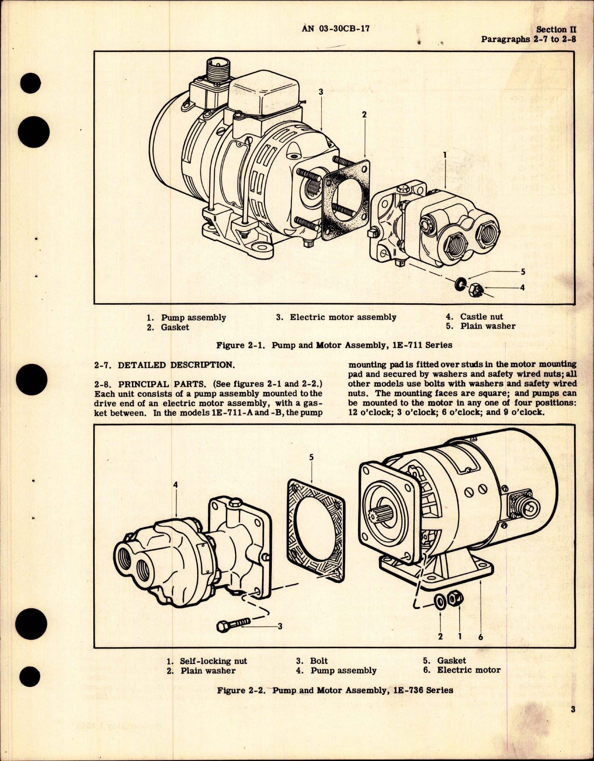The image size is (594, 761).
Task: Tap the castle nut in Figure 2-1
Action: point(477,290)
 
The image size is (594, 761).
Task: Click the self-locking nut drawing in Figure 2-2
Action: point(455,600)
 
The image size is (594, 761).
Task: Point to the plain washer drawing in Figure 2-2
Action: point(440,601)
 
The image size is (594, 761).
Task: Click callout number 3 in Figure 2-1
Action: point(321,92)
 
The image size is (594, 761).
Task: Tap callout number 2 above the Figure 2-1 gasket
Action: point(364,114)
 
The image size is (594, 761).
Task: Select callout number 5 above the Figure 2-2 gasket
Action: point(311,457)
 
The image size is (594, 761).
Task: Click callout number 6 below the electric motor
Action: point(480,636)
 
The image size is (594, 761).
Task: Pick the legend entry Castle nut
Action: point(481,316)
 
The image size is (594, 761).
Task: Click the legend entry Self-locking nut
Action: point(213,661)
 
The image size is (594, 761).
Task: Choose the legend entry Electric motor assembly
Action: point(343,317)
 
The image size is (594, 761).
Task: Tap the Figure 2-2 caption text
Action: point(335,690)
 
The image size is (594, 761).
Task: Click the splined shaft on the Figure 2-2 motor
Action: point(390,518)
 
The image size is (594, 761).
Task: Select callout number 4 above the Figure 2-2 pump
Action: point(175,485)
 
